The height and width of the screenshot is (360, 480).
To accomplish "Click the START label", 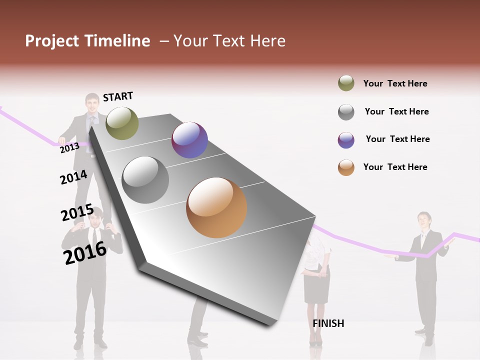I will (x=118, y=96).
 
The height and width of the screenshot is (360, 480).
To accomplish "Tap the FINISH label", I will (x=328, y=323).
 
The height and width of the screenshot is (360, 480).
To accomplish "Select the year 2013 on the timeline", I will (x=69, y=147).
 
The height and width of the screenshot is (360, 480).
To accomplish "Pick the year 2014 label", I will (x=73, y=177).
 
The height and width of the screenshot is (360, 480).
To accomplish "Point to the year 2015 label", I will (x=77, y=213).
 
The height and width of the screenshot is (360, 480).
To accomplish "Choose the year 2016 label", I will (x=85, y=252).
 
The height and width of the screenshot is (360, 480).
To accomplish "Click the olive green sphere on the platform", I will (x=122, y=123).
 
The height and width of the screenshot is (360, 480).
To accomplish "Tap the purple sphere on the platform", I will (x=189, y=140).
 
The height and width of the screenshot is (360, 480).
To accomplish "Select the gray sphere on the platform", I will (x=145, y=180).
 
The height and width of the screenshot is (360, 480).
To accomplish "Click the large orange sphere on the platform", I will (x=216, y=207).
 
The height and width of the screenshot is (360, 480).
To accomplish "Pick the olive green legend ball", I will (x=346, y=83).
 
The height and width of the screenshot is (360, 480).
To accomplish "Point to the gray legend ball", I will (x=346, y=112).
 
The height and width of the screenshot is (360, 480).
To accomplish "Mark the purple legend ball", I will (x=346, y=140).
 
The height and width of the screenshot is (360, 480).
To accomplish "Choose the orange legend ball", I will (x=346, y=167).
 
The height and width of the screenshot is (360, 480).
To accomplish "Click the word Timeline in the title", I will (x=117, y=41).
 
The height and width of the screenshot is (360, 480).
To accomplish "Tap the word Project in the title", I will (x=52, y=41).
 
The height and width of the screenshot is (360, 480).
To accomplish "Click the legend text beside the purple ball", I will (x=397, y=139).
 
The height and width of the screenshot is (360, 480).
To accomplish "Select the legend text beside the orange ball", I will (x=395, y=167).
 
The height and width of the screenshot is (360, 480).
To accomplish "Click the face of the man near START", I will (x=92, y=104).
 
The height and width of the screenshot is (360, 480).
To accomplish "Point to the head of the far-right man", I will (x=424, y=220).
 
